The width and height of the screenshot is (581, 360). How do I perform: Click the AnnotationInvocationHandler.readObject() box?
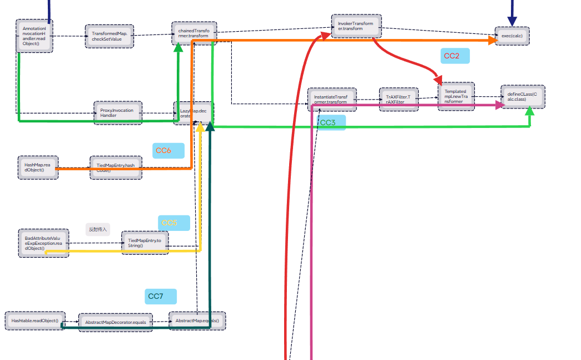coord(34,36)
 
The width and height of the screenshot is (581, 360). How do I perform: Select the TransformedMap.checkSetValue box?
coord(110,36)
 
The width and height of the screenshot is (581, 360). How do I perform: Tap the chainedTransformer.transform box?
coord(193,33)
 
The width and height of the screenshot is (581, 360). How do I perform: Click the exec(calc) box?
coord(512,36)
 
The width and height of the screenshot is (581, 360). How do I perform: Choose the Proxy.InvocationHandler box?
coord(117,112)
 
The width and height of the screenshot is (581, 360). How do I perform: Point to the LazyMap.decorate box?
coord(193,113)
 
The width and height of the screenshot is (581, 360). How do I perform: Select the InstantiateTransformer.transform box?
coord(332,99)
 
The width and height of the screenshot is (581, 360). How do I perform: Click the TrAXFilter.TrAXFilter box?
coord(398,99)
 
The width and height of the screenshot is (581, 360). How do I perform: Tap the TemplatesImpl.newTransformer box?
coord(456,96)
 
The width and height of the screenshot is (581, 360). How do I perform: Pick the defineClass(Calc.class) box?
coord(523,96)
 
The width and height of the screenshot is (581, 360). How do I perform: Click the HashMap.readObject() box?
coord(37,167)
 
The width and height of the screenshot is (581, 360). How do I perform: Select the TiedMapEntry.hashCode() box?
coord(116,167)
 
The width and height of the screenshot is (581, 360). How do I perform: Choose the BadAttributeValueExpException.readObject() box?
coord(43,243)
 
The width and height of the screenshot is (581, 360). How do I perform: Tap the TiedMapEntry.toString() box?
coord(144,243)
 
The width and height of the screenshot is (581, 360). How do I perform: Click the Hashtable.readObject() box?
coord(34,321)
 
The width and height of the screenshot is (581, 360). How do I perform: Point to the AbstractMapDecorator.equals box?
coord(116,322)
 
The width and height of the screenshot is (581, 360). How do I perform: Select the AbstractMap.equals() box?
coord(197,321)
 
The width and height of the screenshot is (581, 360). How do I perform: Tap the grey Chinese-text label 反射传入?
coord(98,229)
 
